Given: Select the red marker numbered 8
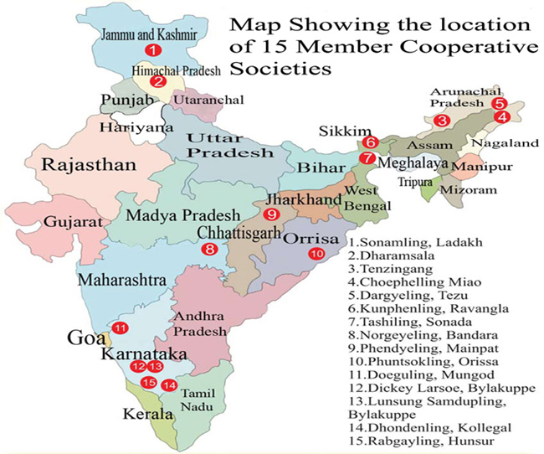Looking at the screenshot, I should tap(210, 248).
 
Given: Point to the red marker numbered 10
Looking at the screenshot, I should tap(316, 255).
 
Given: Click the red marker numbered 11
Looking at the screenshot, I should tap(121, 328).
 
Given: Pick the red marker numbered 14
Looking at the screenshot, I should tap(170, 385).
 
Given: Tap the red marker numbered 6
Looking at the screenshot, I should tap(372, 142).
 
